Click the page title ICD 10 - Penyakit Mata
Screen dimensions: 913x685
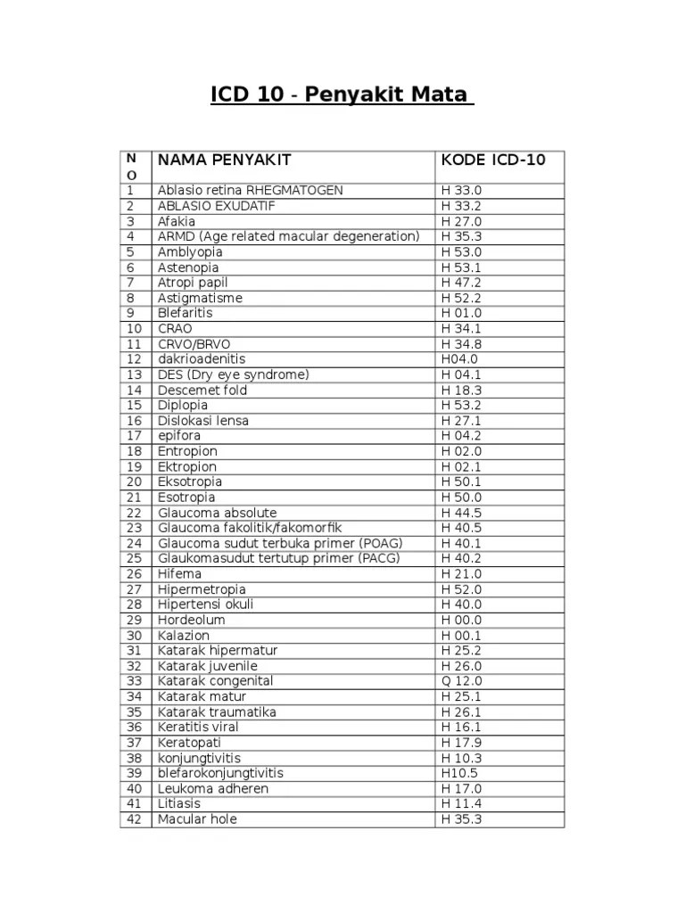[x=342, y=95]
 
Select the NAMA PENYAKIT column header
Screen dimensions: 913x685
[x=224, y=160]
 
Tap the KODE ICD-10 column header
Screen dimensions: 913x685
[x=493, y=160]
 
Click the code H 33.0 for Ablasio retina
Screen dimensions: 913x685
[x=461, y=191]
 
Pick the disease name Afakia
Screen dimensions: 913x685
[x=177, y=221]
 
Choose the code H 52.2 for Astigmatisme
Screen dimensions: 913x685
[x=461, y=298]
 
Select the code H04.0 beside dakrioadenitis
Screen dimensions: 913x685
[x=459, y=359]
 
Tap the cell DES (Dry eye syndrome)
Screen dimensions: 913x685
[x=234, y=374]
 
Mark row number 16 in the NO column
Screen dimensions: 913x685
[x=135, y=421]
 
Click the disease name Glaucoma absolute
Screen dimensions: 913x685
[x=218, y=513]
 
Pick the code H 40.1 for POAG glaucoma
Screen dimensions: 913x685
[x=461, y=543]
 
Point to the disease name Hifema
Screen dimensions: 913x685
[x=179, y=574]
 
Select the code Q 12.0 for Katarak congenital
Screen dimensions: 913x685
[x=461, y=681]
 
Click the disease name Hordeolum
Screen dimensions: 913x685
[x=192, y=620]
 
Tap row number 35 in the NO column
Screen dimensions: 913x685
[x=135, y=711]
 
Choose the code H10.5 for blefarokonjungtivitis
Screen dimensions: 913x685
[x=459, y=773]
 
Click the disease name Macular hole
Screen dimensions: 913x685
[x=198, y=819]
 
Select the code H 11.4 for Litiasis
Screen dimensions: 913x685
[x=461, y=803]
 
